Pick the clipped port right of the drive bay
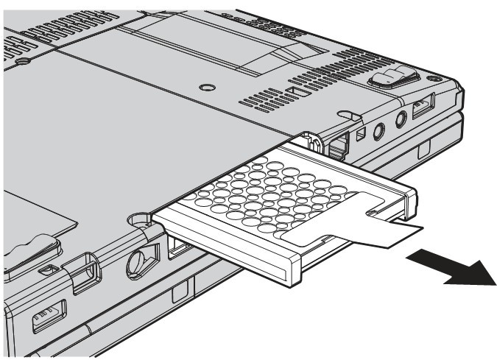pos(339,144)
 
